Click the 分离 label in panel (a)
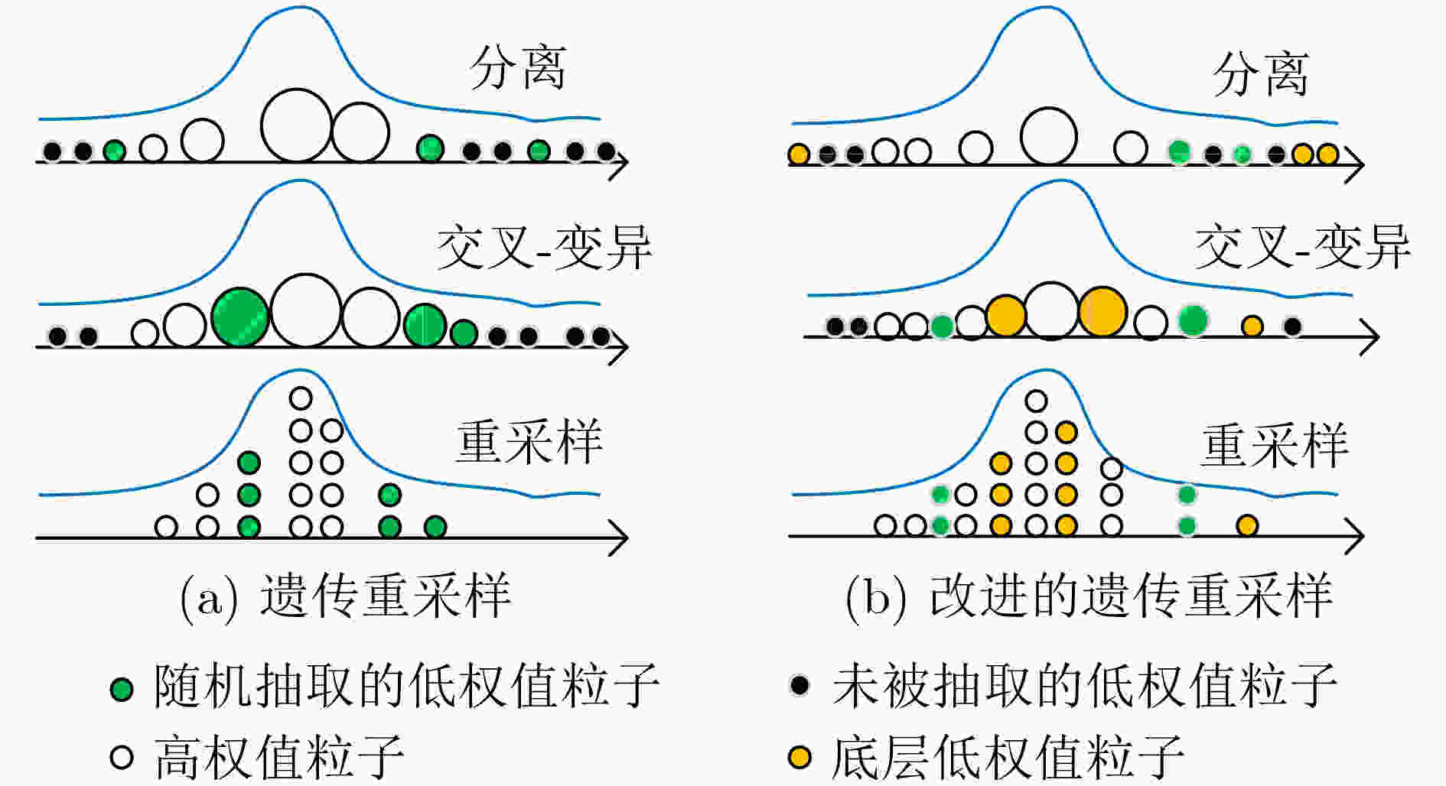click(x=518, y=69)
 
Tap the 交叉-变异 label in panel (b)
click(x=1302, y=248)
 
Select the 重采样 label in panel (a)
click(x=529, y=443)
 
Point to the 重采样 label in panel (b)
click(x=1275, y=447)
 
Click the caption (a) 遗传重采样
click(x=345, y=596)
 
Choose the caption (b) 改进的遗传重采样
click(x=1089, y=596)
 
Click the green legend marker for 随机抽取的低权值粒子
click(x=122, y=689)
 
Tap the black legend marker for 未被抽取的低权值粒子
click(x=800, y=684)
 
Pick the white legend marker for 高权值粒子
click(x=122, y=757)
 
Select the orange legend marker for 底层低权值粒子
click(x=800, y=757)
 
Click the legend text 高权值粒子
click(x=279, y=757)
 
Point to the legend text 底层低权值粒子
click(x=1008, y=757)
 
